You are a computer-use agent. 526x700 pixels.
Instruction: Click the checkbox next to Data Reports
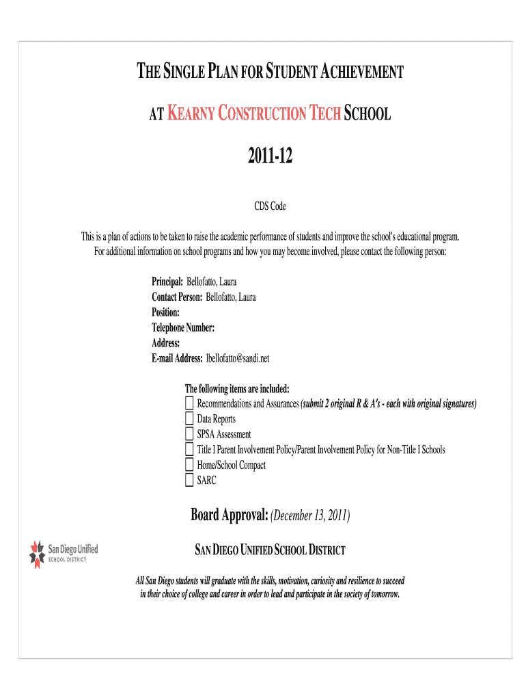tap(190, 419)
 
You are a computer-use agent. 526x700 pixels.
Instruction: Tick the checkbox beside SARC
tap(190, 481)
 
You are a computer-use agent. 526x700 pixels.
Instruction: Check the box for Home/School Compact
tap(190, 466)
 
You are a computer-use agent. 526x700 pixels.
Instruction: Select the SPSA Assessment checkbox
tap(190, 434)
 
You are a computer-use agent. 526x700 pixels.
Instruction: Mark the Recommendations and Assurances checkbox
tap(190, 403)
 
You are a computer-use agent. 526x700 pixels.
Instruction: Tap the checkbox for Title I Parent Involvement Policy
tap(190, 450)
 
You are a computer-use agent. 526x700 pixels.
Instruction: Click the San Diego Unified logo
tap(64, 552)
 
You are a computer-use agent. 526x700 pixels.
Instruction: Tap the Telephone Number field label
tap(183, 328)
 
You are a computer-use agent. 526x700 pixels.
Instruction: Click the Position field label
tap(166, 312)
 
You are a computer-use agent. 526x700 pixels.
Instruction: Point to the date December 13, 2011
tap(311, 515)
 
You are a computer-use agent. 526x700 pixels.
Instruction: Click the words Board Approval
tap(229, 515)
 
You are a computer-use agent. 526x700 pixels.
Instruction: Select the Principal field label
tap(167, 282)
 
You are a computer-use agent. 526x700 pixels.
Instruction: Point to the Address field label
tap(166, 343)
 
